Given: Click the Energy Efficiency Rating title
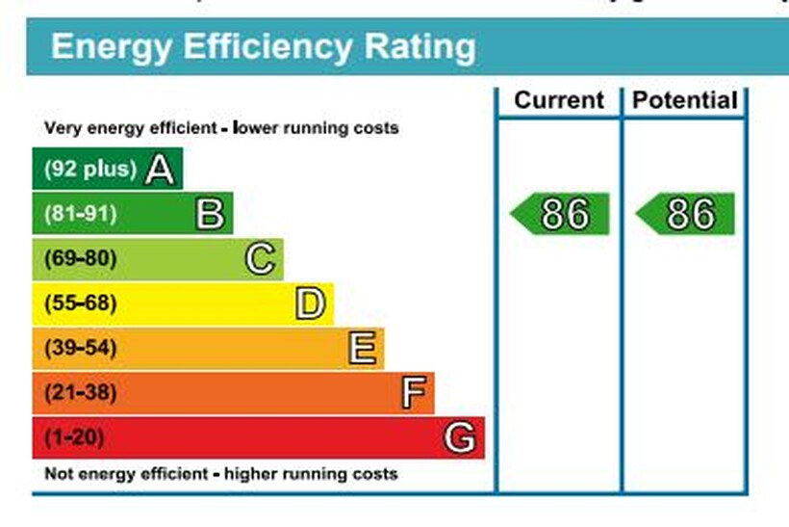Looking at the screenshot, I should pyautogui.click(x=263, y=46).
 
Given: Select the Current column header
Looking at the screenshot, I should pyautogui.click(x=559, y=100).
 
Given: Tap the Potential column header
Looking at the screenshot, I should pyautogui.click(x=684, y=100).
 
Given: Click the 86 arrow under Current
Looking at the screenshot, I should pyautogui.click(x=561, y=214).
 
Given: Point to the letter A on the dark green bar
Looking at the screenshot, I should pyautogui.click(x=160, y=171).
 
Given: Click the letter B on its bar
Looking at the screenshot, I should pyautogui.click(x=210, y=214).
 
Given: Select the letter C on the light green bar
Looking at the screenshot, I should pyautogui.click(x=261, y=259).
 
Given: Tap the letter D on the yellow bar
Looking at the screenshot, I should pyautogui.click(x=311, y=304).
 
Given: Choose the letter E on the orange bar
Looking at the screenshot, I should pyautogui.click(x=362, y=349).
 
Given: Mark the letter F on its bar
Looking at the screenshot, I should pyautogui.click(x=413, y=393).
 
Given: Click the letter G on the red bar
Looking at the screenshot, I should pyautogui.click(x=460, y=438).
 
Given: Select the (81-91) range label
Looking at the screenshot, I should pyautogui.click(x=80, y=214).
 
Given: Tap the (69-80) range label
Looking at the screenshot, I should pyautogui.click(x=80, y=259).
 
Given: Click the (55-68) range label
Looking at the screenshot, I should pyautogui.click(x=80, y=304).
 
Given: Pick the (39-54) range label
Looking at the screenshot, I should pyautogui.click(x=80, y=349).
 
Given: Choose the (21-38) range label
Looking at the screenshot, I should pyautogui.click(x=80, y=393).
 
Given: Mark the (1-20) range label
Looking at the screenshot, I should pyautogui.click(x=73, y=438).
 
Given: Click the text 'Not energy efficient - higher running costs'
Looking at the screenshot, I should pyautogui.click(x=220, y=474).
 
